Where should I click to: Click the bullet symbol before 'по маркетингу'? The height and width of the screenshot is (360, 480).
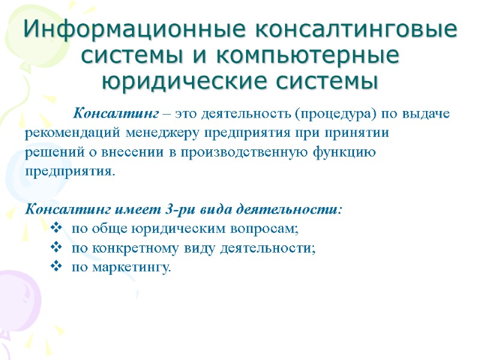(57, 266)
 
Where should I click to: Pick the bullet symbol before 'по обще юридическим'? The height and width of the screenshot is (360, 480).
(57, 228)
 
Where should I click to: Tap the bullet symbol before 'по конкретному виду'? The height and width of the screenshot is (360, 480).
(57, 247)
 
